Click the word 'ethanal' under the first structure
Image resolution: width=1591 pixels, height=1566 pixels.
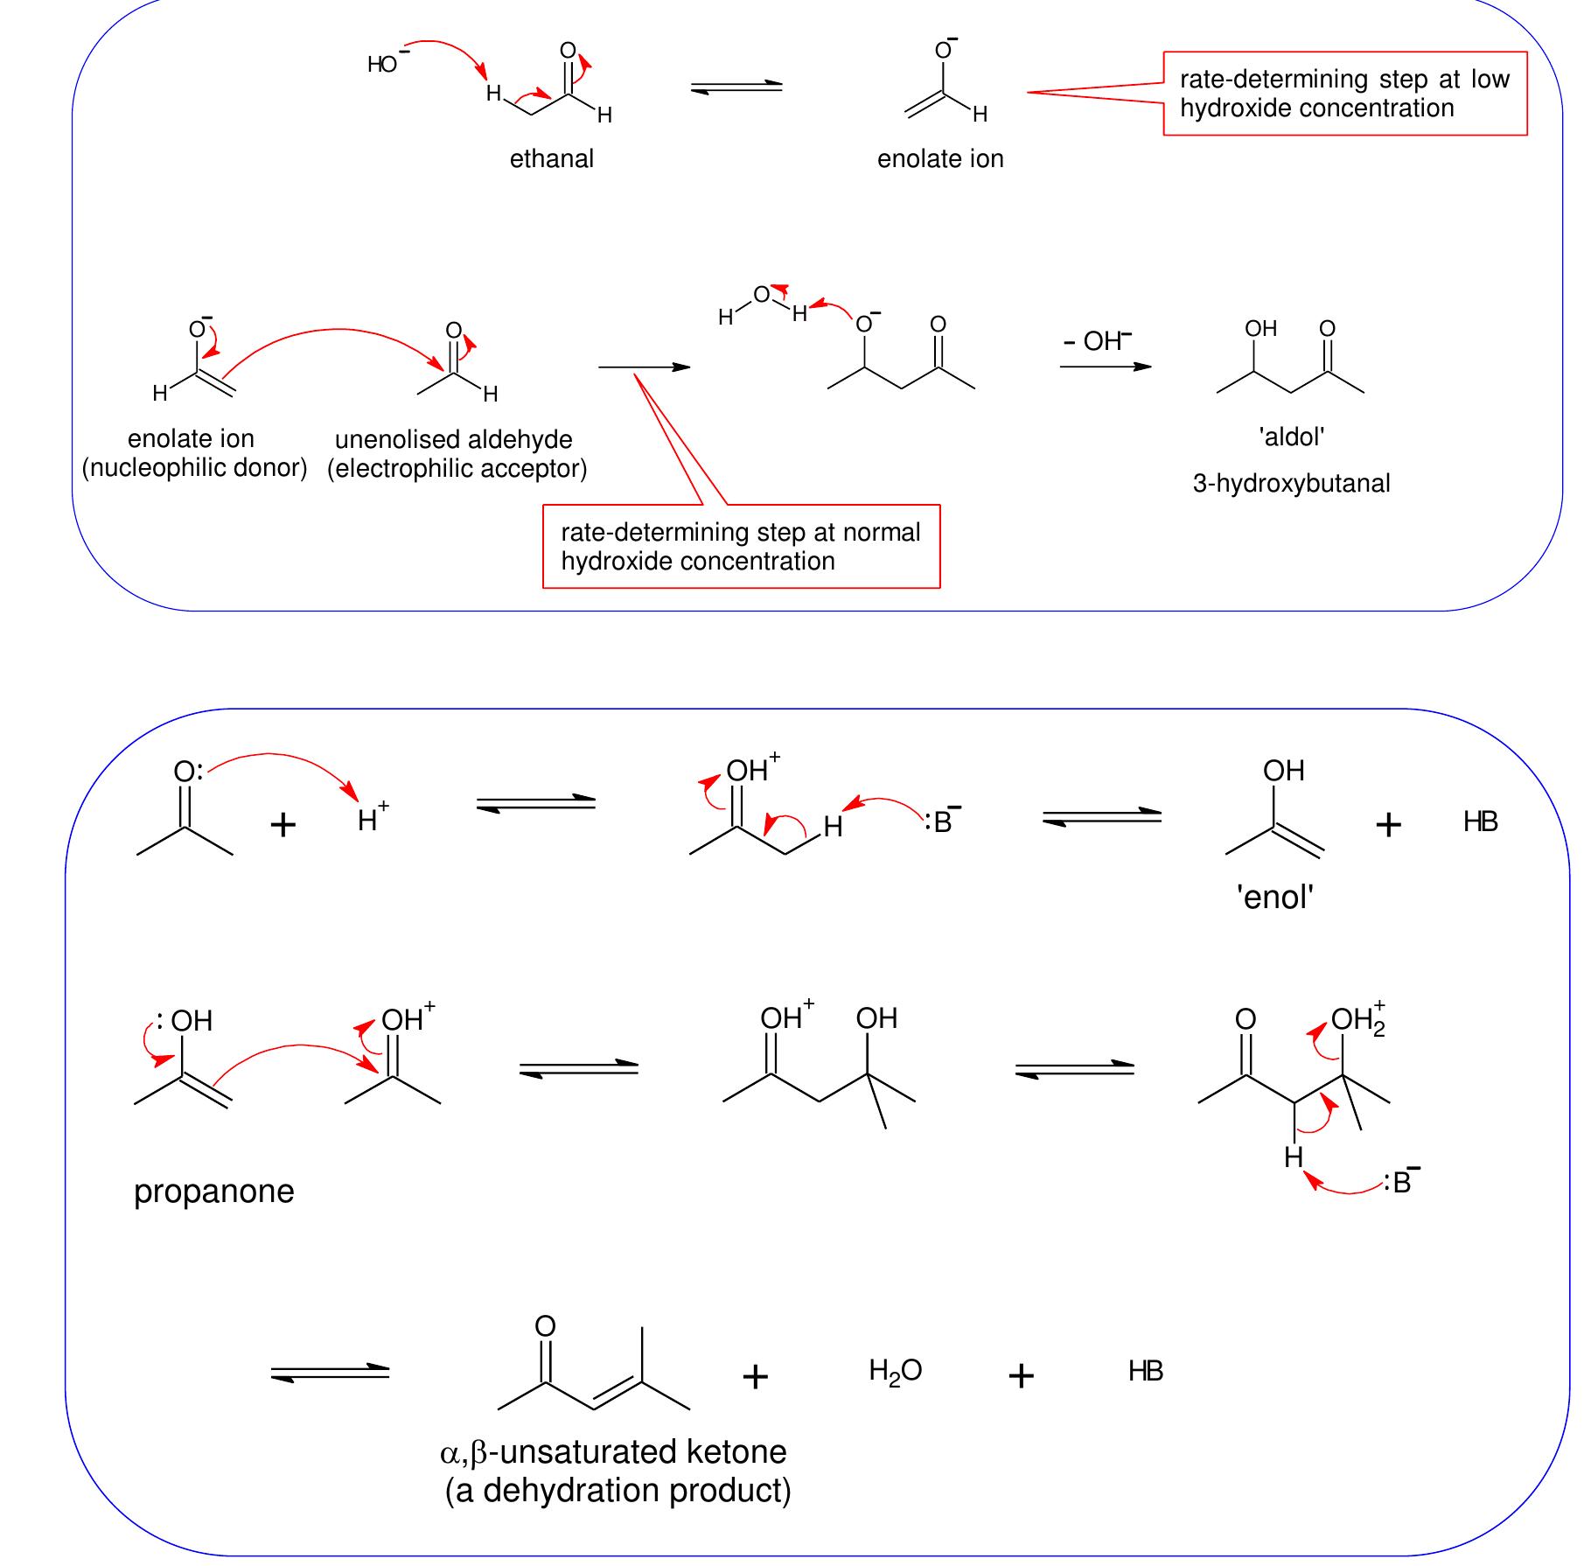click(x=551, y=159)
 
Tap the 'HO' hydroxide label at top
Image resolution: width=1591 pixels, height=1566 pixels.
click(x=383, y=65)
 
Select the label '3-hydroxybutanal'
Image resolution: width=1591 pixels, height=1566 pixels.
click(x=1291, y=484)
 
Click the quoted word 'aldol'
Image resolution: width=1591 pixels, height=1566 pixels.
click(x=1292, y=437)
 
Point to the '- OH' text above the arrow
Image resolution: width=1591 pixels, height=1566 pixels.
click(x=1097, y=341)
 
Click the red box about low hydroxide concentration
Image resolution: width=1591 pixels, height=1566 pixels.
click(x=1344, y=94)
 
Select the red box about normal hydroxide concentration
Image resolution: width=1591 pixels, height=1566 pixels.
click(x=741, y=547)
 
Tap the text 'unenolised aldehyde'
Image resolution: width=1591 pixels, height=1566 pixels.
click(x=454, y=439)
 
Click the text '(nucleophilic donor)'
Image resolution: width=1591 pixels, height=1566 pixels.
click(x=194, y=468)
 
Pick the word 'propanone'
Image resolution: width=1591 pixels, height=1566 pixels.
click(x=213, y=1192)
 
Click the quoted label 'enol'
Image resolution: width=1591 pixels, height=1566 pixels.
click(x=1274, y=898)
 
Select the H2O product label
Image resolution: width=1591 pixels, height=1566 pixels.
click(x=895, y=1371)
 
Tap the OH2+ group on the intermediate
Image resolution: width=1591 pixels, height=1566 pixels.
click(x=1357, y=1020)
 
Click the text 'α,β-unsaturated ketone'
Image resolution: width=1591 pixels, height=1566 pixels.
click(x=613, y=1452)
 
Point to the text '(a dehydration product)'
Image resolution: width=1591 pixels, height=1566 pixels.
click(x=618, y=1491)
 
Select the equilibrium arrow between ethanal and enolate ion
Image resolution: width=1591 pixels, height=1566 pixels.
click(x=736, y=87)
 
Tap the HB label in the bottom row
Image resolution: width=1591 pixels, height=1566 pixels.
click(x=1145, y=1371)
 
